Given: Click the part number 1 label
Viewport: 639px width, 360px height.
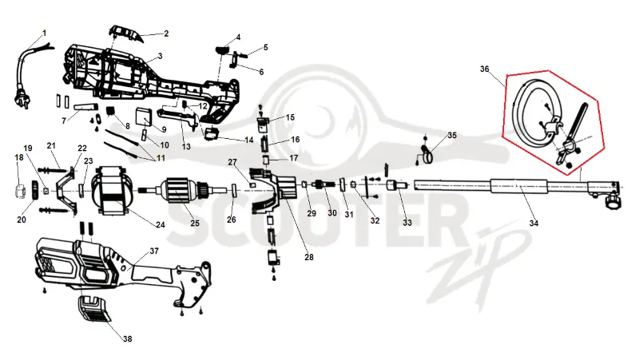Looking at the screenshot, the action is [45, 33].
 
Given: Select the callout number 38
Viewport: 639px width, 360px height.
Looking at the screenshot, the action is [128, 338].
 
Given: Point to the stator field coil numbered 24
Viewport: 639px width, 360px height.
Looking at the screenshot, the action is [111, 190].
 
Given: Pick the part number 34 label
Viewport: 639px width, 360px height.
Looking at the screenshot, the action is [534, 224].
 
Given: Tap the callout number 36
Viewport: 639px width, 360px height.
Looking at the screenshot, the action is [484, 69].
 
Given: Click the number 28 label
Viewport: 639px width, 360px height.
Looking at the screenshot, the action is [309, 257].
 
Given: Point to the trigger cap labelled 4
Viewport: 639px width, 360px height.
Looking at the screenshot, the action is [222, 50].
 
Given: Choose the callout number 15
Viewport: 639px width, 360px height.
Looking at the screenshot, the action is [290, 117].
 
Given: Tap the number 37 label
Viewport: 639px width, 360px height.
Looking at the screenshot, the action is [154, 251].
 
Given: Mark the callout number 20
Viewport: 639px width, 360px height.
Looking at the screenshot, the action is [22, 220].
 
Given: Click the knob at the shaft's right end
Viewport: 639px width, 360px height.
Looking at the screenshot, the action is [613, 200].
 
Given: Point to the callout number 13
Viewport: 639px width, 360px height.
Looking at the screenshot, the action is [186, 146].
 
